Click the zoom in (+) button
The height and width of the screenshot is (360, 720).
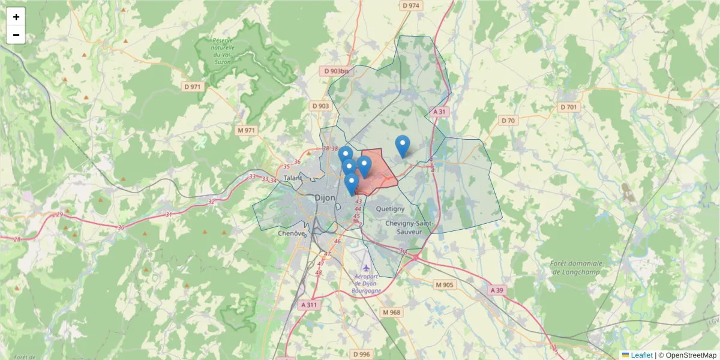(x=16, y=17)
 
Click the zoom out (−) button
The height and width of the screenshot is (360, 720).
(x=16, y=35)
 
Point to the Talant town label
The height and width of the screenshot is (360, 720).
(x=293, y=178)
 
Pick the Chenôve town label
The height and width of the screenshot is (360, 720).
(x=292, y=233)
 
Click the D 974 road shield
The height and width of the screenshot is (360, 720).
(x=411, y=5)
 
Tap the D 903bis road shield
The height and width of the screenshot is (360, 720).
(x=336, y=71)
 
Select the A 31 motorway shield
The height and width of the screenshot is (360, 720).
(x=440, y=112)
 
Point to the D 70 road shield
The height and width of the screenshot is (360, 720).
(x=508, y=121)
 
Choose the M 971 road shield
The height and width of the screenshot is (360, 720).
(x=246, y=130)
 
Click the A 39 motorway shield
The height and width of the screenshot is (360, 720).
(x=496, y=290)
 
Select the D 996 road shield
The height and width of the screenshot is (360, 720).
(x=362, y=354)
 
